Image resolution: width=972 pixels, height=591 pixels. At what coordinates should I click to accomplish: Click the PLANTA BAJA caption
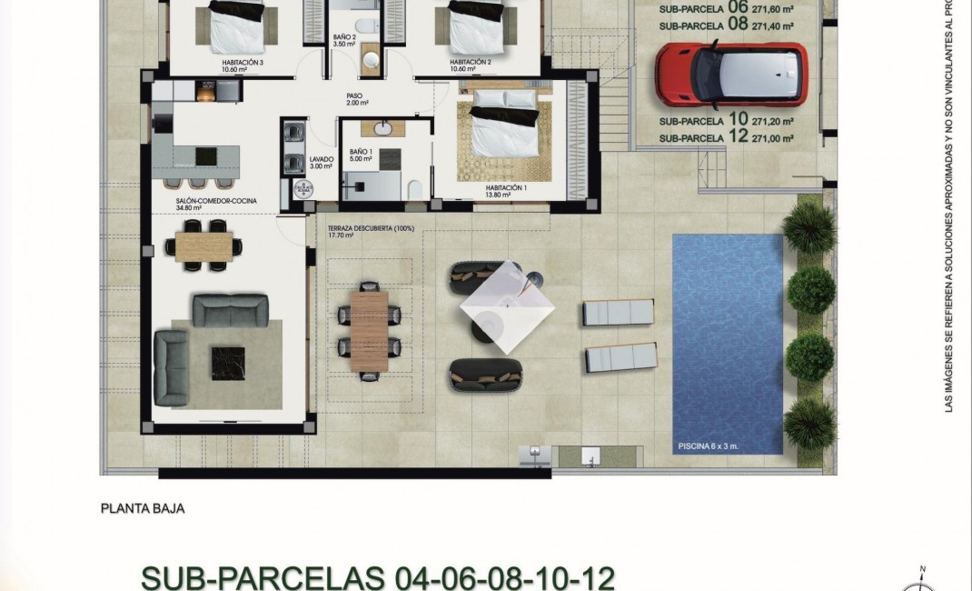143,509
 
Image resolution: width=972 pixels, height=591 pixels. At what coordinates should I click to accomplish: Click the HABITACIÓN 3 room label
242,63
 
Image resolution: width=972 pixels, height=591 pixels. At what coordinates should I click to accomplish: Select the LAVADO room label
322,162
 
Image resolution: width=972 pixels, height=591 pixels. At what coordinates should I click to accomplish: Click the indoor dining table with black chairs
203,244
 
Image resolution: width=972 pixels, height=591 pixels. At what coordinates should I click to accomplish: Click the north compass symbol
923,578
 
